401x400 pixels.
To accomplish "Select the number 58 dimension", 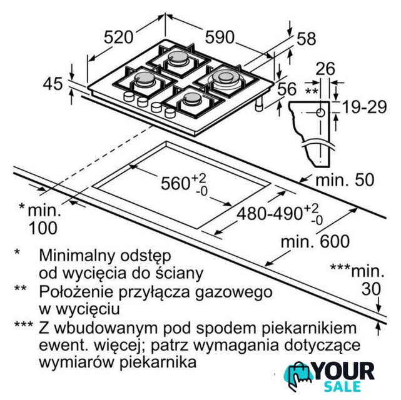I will point(306,39).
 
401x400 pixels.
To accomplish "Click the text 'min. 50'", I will point(344,180).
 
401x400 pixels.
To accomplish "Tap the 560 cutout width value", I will point(176,183).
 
